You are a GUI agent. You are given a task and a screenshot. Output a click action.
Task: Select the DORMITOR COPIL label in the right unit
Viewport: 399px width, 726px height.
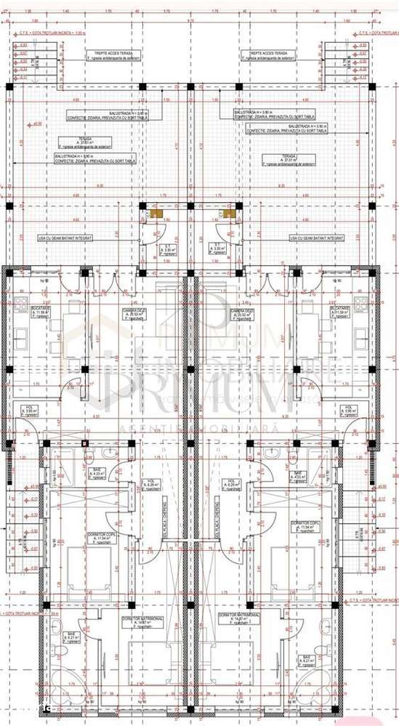[305, 524]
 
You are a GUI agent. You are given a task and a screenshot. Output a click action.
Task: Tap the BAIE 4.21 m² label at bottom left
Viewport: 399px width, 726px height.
[72, 637]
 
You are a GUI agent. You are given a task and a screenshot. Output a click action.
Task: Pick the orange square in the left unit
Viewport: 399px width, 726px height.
[156, 214]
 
